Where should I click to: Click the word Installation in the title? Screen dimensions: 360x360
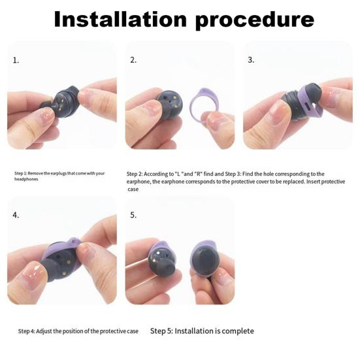click(120, 20)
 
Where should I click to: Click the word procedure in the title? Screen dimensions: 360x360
click(255, 21)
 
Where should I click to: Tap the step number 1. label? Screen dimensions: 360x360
click(16, 60)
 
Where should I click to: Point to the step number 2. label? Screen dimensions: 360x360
click(133, 60)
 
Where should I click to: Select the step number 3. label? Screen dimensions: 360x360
click(251, 59)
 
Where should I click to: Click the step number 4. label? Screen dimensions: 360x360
click(16, 215)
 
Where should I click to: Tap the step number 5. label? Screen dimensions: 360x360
click(133, 215)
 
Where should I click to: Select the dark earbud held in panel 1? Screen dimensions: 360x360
click(62, 101)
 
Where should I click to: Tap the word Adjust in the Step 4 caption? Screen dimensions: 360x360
click(44, 331)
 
